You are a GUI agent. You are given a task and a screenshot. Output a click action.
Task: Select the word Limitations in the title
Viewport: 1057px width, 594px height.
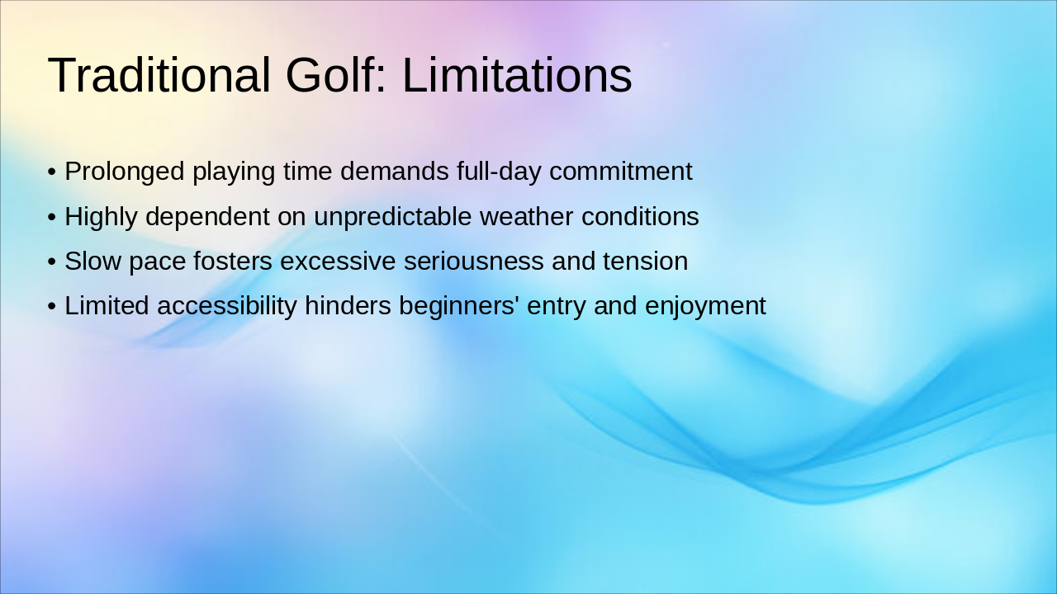[517, 75]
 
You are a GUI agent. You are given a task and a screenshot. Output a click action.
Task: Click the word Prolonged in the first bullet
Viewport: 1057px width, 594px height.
[125, 172]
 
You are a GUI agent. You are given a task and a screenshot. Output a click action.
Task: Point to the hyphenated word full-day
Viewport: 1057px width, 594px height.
[499, 172]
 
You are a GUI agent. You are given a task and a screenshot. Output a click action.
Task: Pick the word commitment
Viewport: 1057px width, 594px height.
[620, 172]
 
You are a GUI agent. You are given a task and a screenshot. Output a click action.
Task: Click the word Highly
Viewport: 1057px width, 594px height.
[101, 217]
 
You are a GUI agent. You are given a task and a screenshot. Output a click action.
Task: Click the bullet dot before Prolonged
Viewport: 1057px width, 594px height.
[52, 172]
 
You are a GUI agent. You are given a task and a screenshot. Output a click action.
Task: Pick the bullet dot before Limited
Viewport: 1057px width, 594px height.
[52, 307]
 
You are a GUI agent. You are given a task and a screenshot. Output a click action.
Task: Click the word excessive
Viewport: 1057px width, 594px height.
[338, 262]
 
